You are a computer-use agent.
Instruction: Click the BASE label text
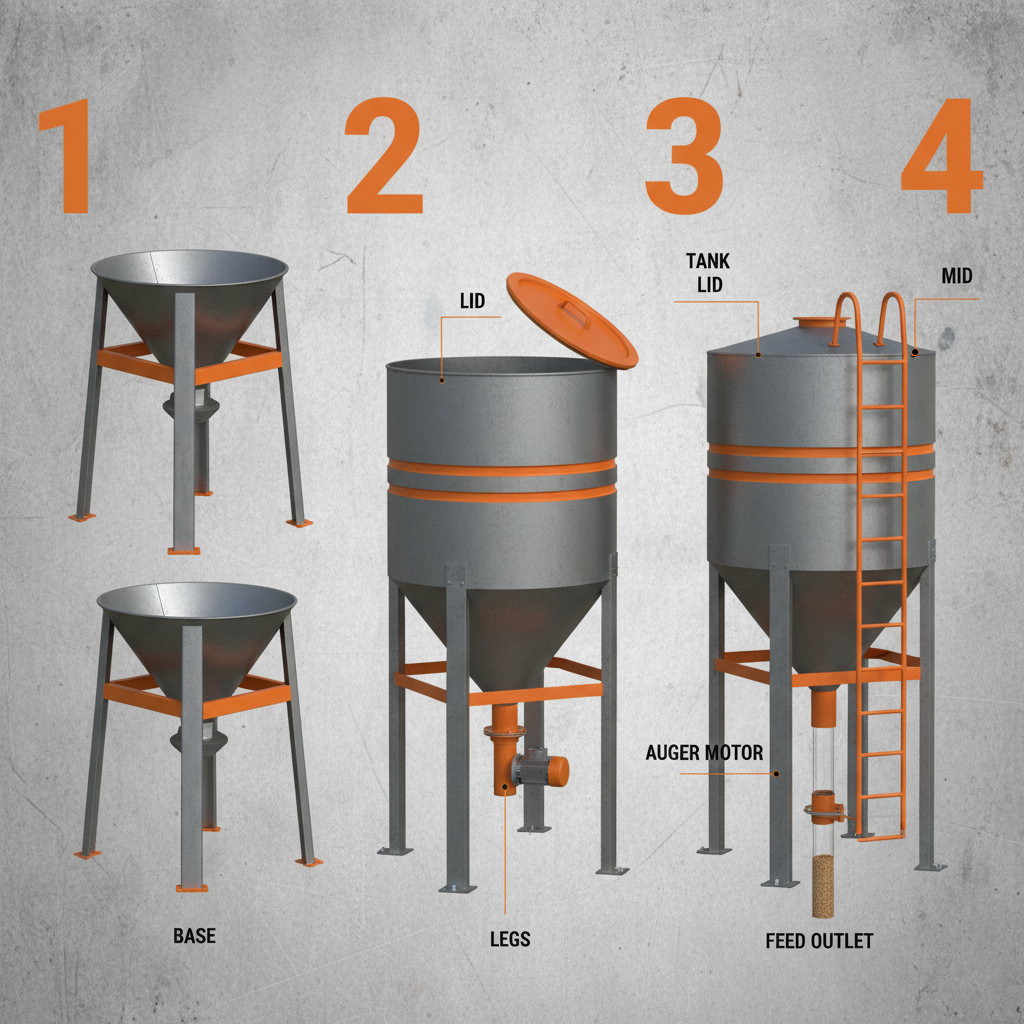tap(194, 937)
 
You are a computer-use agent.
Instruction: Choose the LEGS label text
tap(510, 939)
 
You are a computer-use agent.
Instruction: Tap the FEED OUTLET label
tap(819, 941)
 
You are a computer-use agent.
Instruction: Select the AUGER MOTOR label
tap(705, 752)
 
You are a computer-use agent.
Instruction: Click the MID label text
tap(957, 275)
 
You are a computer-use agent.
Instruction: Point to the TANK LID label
tap(708, 272)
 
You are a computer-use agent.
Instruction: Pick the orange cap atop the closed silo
tap(821, 325)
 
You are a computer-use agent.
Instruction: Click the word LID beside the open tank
tap(473, 299)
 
